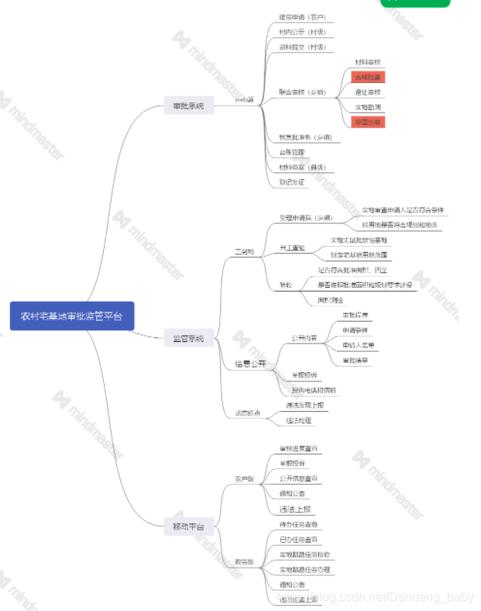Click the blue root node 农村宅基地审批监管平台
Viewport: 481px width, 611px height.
tap(72, 316)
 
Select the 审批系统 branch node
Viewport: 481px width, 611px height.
tap(188, 105)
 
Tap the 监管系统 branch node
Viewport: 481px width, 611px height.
tap(188, 339)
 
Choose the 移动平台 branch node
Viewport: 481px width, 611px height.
tap(188, 527)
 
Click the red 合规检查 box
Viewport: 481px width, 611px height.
tap(368, 77)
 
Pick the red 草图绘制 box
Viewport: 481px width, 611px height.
tap(368, 122)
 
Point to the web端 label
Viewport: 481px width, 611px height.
tap(245, 100)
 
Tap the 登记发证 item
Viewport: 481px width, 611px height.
tap(292, 182)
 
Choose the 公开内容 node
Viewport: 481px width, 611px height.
tap(304, 338)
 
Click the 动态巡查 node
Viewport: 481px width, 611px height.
tap(249, 413)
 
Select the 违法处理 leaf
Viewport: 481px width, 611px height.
tap(298, 420)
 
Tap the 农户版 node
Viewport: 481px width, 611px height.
tap(245, 478)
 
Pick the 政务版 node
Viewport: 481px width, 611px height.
tap(245, 561)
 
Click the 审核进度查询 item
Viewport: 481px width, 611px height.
tap(298, 449)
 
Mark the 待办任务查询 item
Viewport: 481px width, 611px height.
tap(298, 525)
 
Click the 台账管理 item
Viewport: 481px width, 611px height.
tap(292, 152)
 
